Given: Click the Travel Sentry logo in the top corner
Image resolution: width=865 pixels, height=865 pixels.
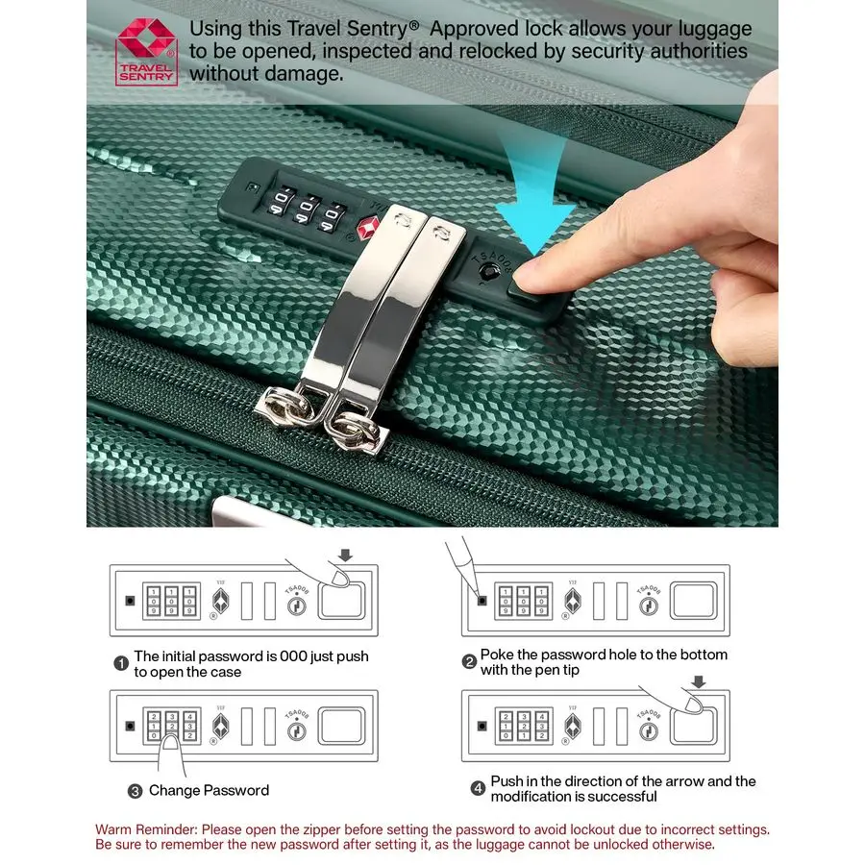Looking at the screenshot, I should pos(146,52).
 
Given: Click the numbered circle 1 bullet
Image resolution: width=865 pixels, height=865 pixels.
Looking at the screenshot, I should pos(121,663).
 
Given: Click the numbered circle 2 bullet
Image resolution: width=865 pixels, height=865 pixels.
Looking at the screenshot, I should pos(469,661).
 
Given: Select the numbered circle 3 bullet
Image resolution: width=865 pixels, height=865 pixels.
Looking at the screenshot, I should pos(136,791).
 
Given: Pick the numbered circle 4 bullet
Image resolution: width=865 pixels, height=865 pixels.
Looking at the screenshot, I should pos(478,789).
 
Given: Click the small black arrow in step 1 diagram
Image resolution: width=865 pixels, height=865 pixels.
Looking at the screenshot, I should pos(346,554).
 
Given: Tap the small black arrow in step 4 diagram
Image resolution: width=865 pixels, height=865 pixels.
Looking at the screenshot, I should pos(698,681).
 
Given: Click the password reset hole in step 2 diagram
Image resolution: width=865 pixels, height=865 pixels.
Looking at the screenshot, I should pos(482,603).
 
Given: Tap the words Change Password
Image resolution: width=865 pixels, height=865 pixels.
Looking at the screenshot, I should pos(209,790).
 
